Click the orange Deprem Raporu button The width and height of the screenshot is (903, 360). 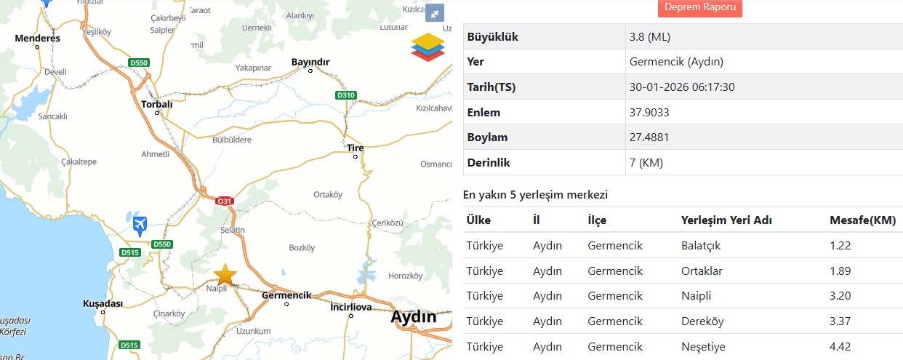coord(699,7)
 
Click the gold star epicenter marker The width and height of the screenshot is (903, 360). coord(226,274)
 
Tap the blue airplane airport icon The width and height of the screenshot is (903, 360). coord(140,225)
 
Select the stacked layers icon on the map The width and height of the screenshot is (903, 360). coord(428,47)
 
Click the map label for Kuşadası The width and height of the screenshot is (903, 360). coord(103,303)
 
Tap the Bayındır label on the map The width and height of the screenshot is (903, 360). coord(310,62)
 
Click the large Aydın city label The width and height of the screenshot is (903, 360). coord(414,317)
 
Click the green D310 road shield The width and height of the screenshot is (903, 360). coord(346,95)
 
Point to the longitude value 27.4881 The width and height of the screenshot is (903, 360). coord(649,137)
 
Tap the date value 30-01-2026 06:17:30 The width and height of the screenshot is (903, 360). coord(682,87)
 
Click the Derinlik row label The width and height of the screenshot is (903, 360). coord(489,162)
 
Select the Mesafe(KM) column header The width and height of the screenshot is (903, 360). coord(862,220)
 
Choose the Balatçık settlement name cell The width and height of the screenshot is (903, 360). coord(700,245)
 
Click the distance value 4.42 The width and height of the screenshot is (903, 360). coord(840,346)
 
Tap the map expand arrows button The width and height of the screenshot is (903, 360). coord(434,12)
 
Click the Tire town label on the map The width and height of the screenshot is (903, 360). coord(356,148)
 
